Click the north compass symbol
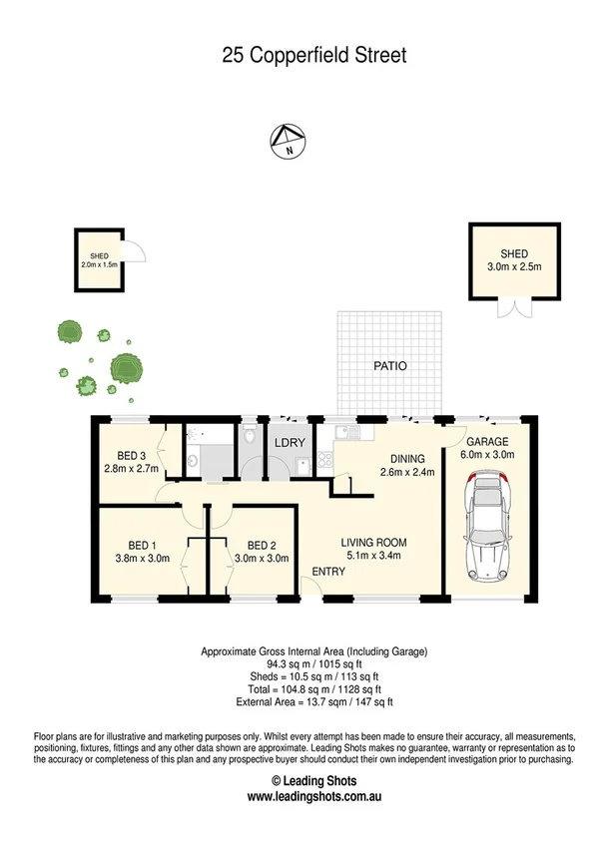pos(287,143)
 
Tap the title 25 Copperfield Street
pos(314,56)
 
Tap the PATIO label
pos(390,366)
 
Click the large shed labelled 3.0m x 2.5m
pos(507,261)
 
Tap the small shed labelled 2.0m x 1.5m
pos(99,260)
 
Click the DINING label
pos(409,459)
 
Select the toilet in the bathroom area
pos(249,437)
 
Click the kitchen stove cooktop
pos(325,461)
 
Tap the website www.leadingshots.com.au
pos(314,796)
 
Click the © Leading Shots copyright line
pos(314,780)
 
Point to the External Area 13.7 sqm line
pos(314,702)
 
